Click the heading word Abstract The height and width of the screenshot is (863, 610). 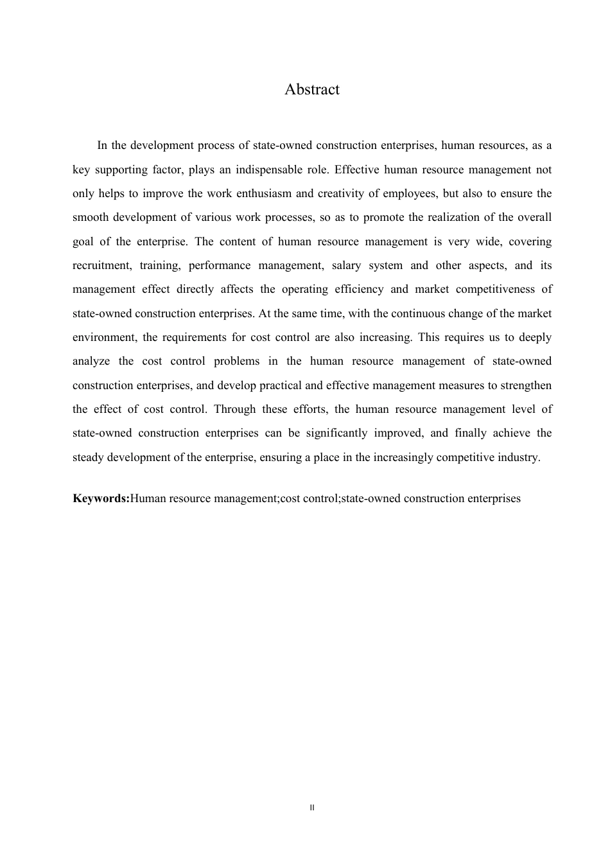(x=312, y=90)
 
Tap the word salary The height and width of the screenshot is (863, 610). (x=346, y=265)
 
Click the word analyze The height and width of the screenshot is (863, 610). (x=91, y=361)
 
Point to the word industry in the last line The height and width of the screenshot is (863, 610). (x=520, y=457)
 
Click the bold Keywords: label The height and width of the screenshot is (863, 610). (x=101, y=498)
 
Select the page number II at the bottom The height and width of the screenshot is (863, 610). (x=312, y=808)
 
